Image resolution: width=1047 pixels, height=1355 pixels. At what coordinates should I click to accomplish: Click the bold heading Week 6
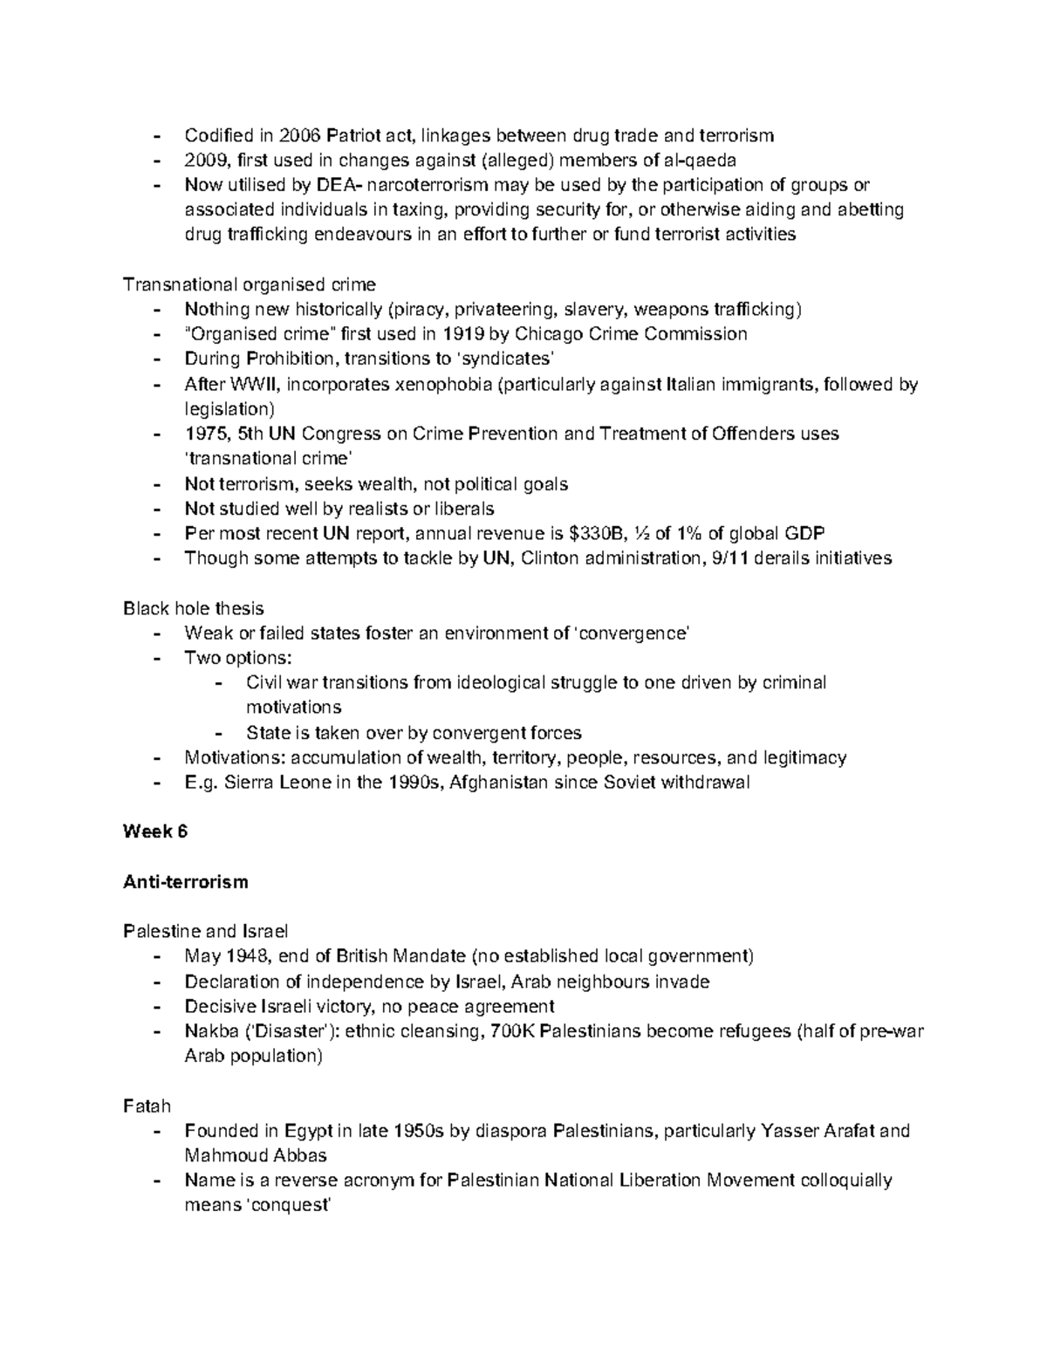click(155, 831)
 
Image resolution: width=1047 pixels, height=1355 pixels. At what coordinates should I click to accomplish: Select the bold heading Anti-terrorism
click(186, 881)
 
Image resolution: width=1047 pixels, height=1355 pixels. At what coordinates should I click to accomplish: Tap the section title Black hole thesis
click(193, 608)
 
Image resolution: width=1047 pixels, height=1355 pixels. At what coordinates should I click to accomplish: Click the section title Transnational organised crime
click(250, 284)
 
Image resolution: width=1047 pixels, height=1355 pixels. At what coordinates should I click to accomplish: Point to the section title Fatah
click(147, 1105)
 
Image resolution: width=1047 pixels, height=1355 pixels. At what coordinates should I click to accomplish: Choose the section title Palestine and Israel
click(206, 931)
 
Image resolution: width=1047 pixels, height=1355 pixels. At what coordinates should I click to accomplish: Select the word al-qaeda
click(701, 160)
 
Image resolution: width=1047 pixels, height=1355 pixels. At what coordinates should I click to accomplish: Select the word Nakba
click(211, 1030)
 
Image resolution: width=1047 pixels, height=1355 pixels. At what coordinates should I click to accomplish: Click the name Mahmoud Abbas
click(256, 1155)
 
